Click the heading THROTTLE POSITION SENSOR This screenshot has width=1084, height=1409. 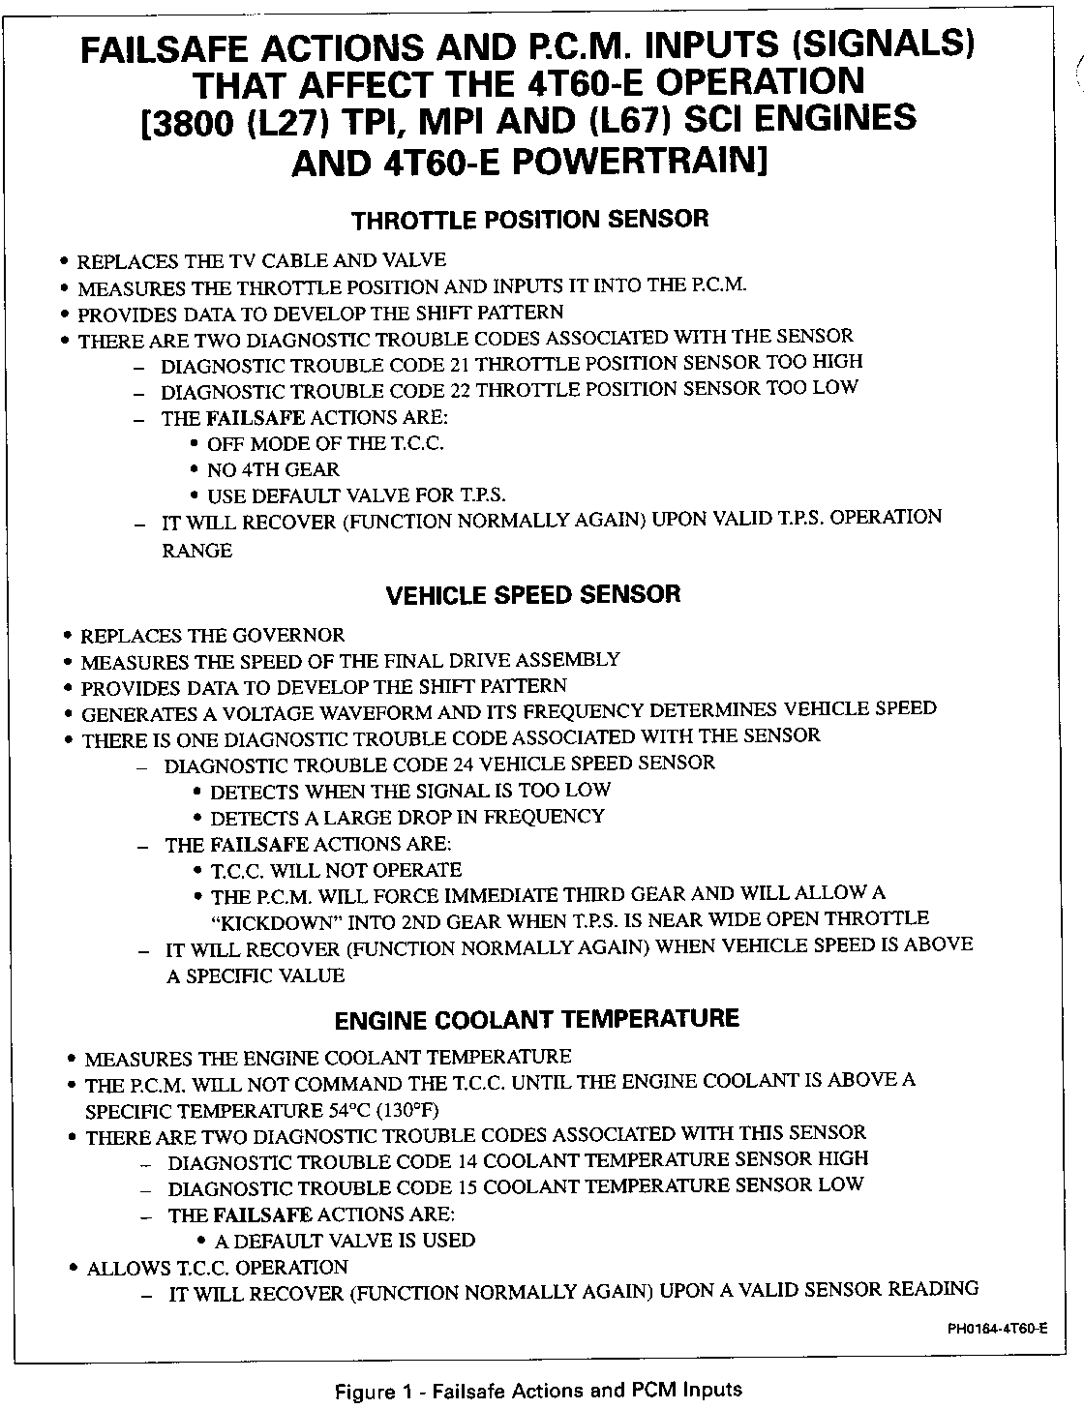point(529,219)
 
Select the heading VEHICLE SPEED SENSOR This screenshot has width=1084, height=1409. point(533,594)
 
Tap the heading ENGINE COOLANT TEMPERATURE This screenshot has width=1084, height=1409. point(536,1019)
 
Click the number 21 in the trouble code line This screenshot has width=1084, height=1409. point(461,365)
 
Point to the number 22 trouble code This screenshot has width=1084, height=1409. point(461,391)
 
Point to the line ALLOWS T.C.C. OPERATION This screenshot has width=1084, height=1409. point(217,1268)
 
